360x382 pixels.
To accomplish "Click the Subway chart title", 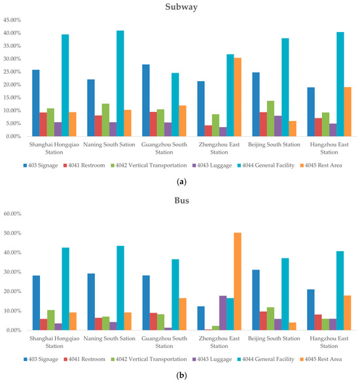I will (x=180, y=7).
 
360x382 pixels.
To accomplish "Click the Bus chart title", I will (x=180, y=200).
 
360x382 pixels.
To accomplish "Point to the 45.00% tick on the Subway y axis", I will (x=14, y=20).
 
